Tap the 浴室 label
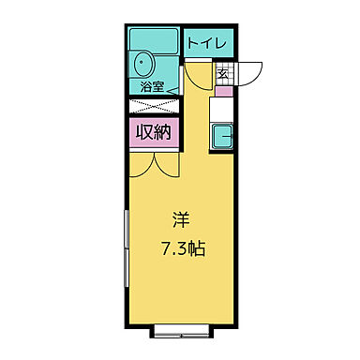(153, 87)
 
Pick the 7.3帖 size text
(184, 250)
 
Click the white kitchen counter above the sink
(223, 110)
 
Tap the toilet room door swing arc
(199, 75)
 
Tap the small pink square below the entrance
(223, 91)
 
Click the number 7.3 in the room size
(174, 250)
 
